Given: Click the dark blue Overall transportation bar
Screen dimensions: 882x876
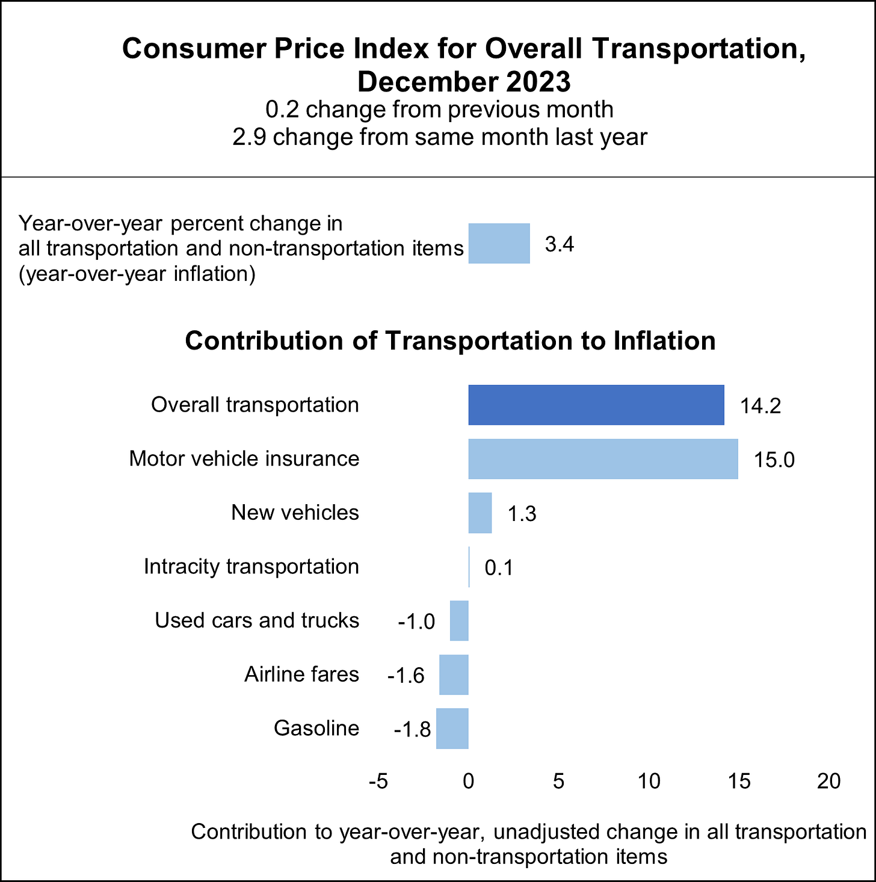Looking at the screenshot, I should pyautogui.click(x=596, y=405).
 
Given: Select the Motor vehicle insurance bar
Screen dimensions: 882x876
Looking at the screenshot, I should pyautogui.click(x=603, y=458).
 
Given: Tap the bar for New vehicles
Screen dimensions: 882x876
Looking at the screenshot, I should pyautogui.click(x=480, y=513).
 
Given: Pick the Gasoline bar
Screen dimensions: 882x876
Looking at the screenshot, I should pyautogui.click(x=452, y=729).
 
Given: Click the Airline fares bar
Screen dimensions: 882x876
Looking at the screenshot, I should pyautogui.click(x=454, y=674).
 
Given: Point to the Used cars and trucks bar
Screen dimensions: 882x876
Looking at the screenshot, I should pyautogui.click(x=459, y=620).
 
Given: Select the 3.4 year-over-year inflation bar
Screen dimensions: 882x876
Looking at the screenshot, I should pyautogui.click(x=499, y=244).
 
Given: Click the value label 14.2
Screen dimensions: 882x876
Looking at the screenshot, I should pyautogui.click(x=760, y=406).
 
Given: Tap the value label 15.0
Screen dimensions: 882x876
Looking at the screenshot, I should pyautogui.click(x=774, y=460).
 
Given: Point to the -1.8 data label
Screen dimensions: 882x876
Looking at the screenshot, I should pyautogui.click(x=413, y=730).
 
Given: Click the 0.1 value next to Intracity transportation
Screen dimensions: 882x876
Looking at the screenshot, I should pyautogui.click(x=499, y=568).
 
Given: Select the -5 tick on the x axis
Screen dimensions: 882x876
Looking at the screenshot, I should pyautogui.click(x=378, y=781).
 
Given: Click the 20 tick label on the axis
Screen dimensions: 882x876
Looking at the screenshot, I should pyautogui.click(x=828, y=781).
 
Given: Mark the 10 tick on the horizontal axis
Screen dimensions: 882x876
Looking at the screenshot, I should pyautogui.click(x=649, y=781).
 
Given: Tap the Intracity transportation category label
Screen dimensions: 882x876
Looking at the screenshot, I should pyautogui.click(x=251, y=567).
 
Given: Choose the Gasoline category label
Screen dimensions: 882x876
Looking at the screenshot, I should pyautogui.click(x=316, y=729).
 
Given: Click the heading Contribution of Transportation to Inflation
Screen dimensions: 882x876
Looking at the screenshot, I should pyautogui.click(x=450, y=341).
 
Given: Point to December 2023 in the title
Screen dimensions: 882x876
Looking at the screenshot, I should pyautogui.click(x=463, y=82).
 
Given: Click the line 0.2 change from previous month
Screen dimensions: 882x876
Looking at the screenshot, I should pyautogui.click(x=439, y=110).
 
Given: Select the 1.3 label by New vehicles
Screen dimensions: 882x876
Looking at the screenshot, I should pyautogui.click(x=522, y=514).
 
